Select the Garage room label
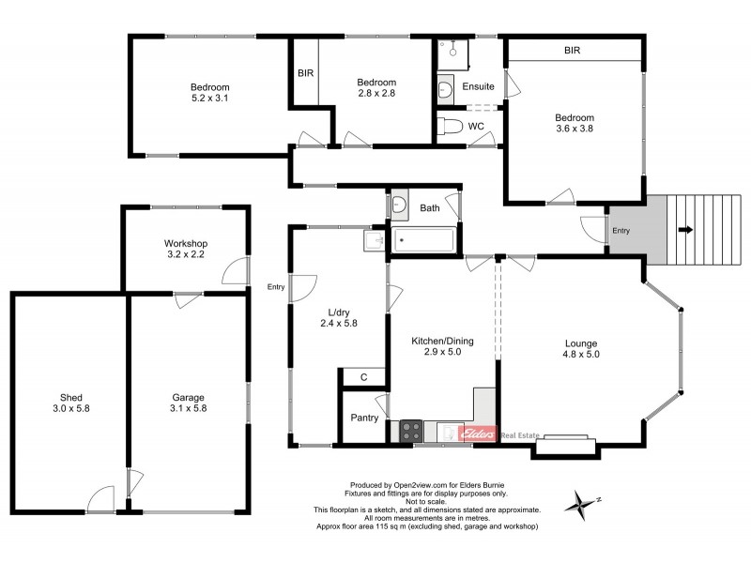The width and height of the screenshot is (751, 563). [189, 397]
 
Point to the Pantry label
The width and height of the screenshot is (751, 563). [363, 418]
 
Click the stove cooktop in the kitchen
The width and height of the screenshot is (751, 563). [410, 432]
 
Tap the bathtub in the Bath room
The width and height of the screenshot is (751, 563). [423, 240]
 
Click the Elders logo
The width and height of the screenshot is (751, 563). [480, 434]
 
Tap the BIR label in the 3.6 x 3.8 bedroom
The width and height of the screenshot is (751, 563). [575, 50]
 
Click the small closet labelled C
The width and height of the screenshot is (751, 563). [363, 378]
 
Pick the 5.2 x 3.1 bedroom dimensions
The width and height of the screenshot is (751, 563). [210, 97]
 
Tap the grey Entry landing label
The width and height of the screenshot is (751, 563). [621, 231]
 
